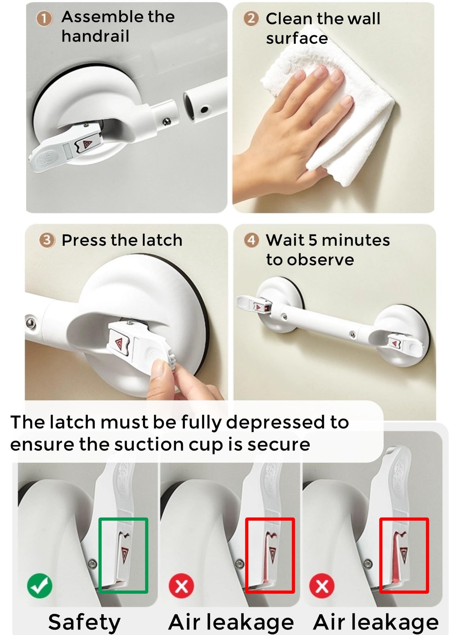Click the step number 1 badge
[44, 19]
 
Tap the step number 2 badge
[251, 19]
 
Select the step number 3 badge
[47, 240]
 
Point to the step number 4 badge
[251, 240]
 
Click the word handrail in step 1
[95, 36]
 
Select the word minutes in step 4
[355, 240]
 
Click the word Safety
[84, 622]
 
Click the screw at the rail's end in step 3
[31, 322]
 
